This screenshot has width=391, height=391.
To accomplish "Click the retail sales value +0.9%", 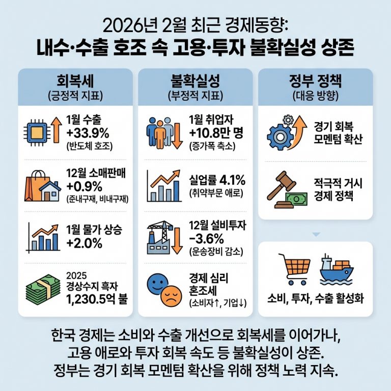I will pos(85,186).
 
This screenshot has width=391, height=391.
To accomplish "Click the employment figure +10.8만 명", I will pos(216,134).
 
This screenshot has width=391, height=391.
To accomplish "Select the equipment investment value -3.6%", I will pos(206,238).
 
